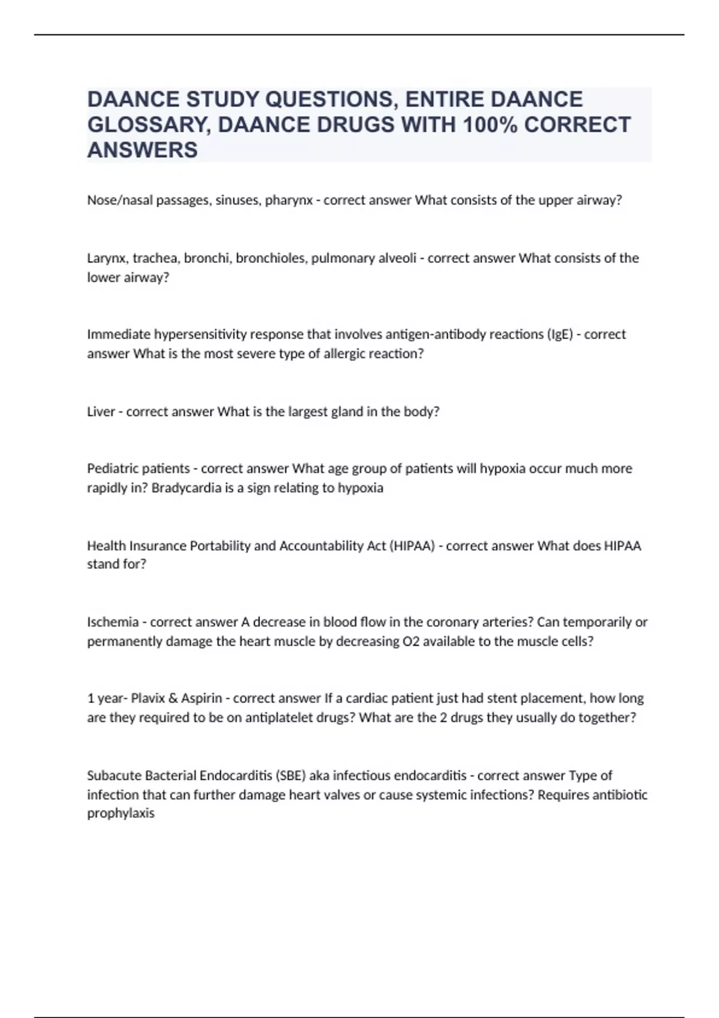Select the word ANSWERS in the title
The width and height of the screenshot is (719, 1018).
tap(143, 150)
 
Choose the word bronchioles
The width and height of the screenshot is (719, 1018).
tap(271, 258)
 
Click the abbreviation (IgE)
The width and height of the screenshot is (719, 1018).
tap(560, 334)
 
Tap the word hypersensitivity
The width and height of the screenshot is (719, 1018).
tap(198, 334)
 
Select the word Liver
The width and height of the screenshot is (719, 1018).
tap(101, 412)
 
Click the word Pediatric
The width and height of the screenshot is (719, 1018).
tap(111, 468)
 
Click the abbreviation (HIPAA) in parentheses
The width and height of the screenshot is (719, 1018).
tap(413, 546)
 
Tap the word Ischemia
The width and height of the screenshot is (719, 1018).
tap(113, 622)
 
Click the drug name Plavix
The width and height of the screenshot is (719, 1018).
tap(148, 698)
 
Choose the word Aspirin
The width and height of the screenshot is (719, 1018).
tap(201, 698)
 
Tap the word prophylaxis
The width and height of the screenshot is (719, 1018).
tap(121, 813)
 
